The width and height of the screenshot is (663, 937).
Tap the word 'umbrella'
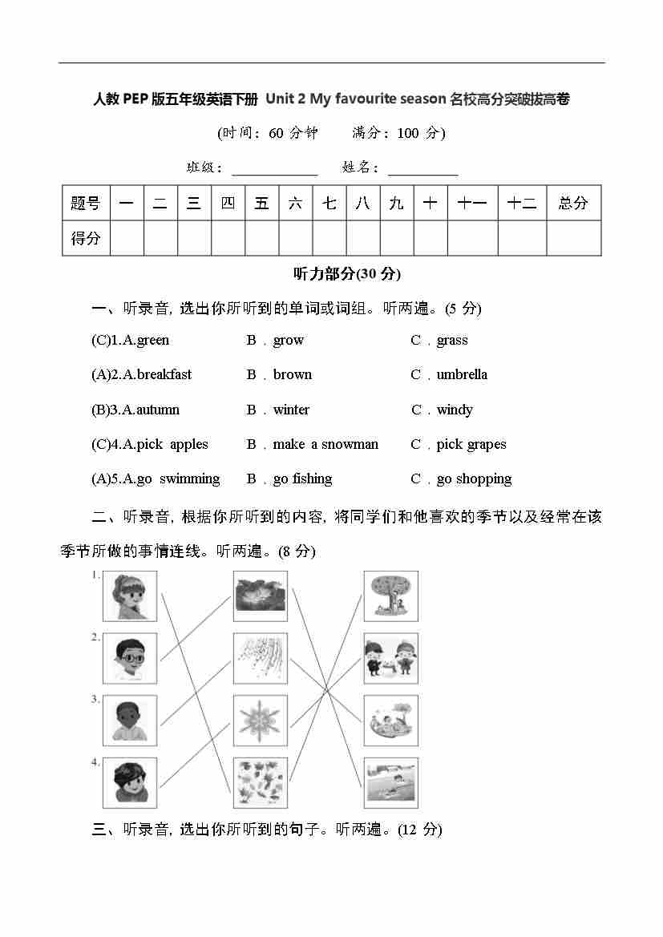[x=462, y=374]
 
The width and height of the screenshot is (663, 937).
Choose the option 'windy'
[x=455, y=410]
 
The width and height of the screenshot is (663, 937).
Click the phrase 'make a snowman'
[x=325, y=444]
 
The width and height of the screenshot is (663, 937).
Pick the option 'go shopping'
[x=474, y=479]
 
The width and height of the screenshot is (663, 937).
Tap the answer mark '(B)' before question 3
[x=100, y=410]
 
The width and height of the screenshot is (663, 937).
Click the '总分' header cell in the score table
[x=573, y=203]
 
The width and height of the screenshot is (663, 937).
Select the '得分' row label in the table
[x=86, y=238]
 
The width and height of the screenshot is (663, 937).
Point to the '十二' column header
[x=522, y=203]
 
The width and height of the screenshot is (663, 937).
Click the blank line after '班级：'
[x=275, y=169]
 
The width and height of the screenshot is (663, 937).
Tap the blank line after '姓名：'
[x=422, y=169]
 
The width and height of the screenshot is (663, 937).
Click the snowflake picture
[x=260, y=720]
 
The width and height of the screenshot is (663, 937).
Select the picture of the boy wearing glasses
[x=130, y=658]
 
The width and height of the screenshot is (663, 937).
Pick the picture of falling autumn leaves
[x=260, y=782]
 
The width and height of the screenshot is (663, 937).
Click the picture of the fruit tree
[x=390, y=596]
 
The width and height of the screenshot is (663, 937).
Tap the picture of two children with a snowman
[x=390, y=658]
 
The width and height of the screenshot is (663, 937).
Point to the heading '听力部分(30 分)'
[x=347, y=273]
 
